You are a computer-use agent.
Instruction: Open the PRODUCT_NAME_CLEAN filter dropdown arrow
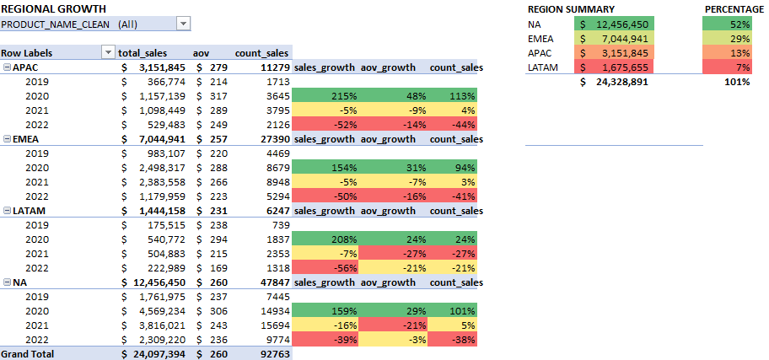pos(184,24)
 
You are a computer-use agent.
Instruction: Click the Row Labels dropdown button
pos(107,52)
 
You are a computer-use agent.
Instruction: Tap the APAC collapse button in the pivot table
pos(7,67)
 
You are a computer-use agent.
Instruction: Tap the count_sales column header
pos(261,52)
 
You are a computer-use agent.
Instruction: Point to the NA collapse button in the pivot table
pos(7,282)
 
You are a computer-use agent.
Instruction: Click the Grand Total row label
pos(27,354)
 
